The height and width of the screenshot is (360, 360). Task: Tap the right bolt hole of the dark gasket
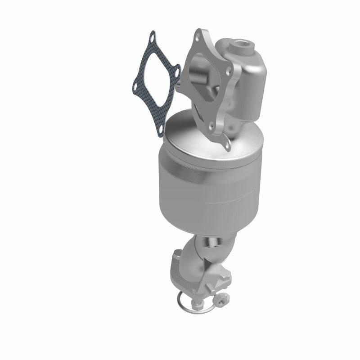click(x=176, y=71)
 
